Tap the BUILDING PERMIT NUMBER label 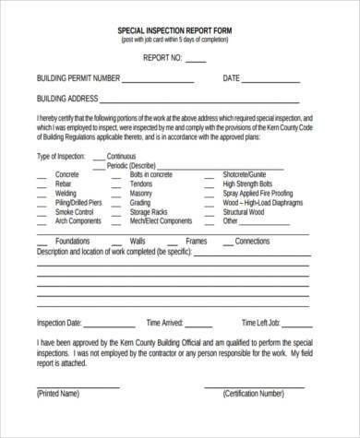77,78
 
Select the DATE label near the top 232,78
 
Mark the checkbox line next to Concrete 42,174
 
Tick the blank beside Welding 42,195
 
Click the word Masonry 141,195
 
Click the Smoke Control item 74,213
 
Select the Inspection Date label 60,324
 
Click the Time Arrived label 166,324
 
